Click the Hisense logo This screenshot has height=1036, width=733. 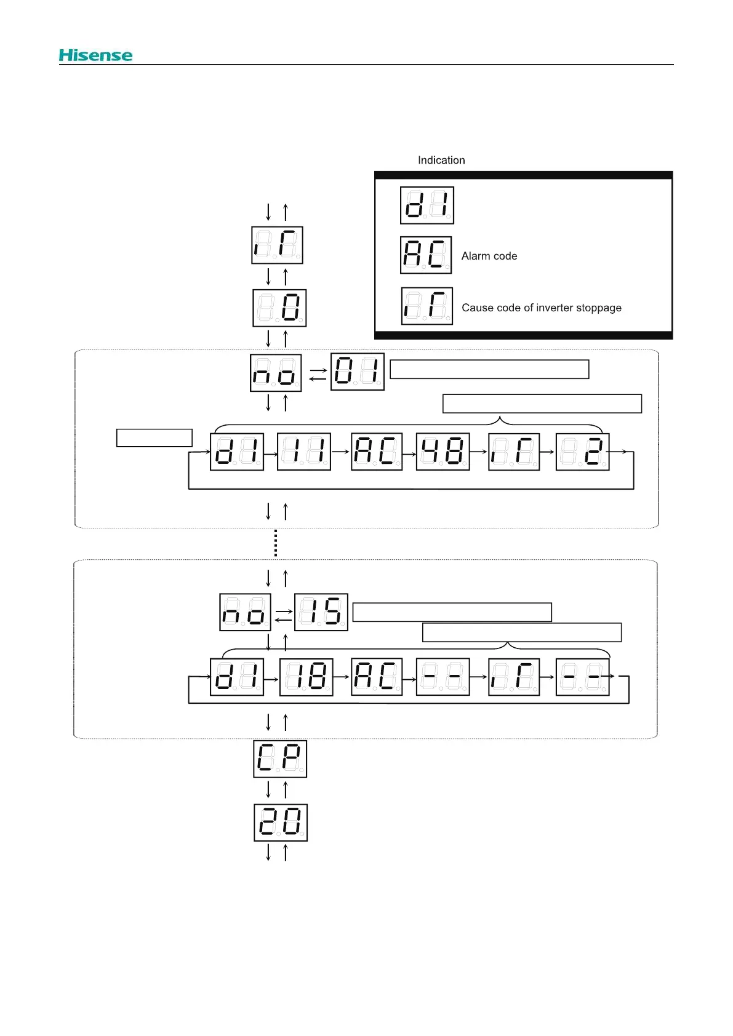(x=95, y=55)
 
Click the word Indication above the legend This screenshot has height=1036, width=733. (x=441, y=160)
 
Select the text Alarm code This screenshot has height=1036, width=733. (x=489, y=256)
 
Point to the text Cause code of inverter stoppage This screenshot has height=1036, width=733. (x=542, y=308)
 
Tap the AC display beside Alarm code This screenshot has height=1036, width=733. (x=426, y=255)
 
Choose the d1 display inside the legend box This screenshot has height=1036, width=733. (x=427, y=205)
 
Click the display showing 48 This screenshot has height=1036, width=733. (x=443, y=452)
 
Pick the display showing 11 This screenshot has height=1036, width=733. (x=303, y=452)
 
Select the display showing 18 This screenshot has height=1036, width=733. (x=306, y=677)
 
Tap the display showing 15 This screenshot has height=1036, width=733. (x=321, y=612)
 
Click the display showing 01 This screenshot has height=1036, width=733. (x=357, y=372)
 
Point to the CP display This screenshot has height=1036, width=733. (x=280, y=759)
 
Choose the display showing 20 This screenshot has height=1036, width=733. (x=280, y=823)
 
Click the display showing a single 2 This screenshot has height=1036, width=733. (x=582, y=452)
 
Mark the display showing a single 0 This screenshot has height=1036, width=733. (x=279, y=308)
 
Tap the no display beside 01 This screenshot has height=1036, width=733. (x=276, y=373)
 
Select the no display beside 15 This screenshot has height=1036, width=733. (x=245, y=613)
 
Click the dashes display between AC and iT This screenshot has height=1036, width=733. (x=443, y=677)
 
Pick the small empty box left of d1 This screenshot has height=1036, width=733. (x=154, y=437)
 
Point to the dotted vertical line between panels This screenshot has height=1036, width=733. (x=276, y=543)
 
